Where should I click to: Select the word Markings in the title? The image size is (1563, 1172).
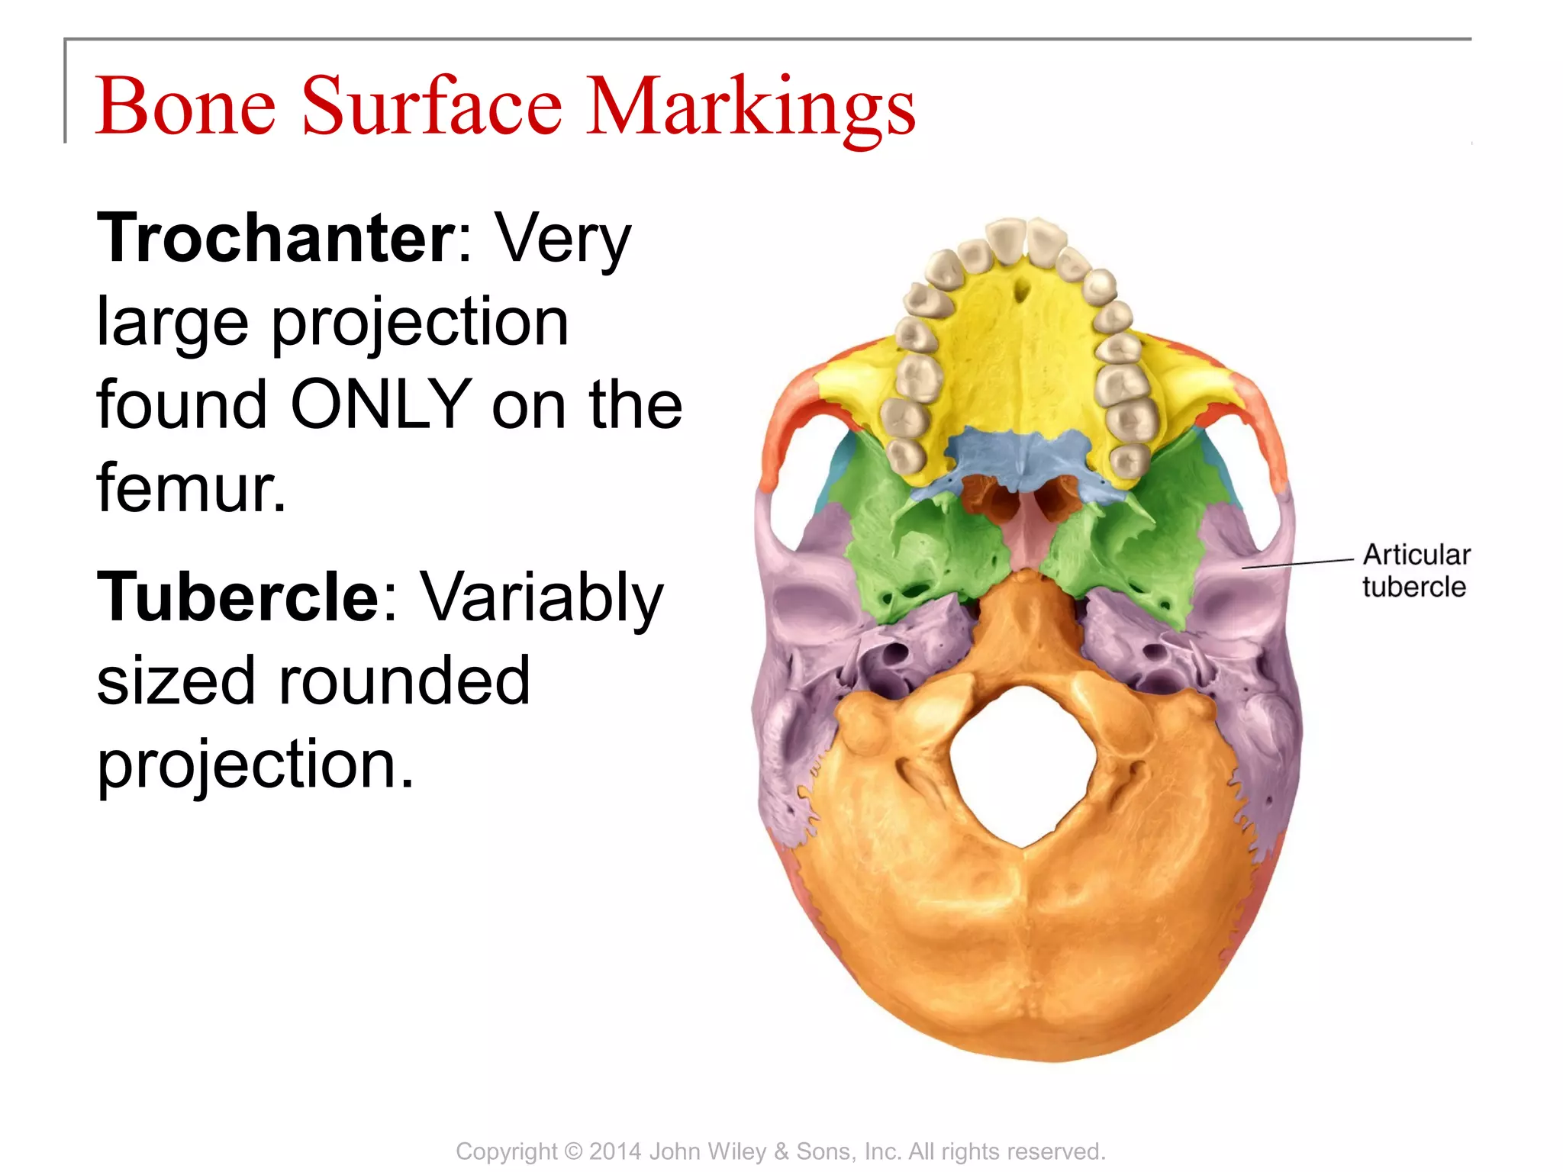750,107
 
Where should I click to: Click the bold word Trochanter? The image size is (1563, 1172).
276,238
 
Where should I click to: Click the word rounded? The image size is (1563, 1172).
404,680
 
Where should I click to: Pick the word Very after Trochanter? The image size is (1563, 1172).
563,238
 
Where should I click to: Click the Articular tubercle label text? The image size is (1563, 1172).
1416,570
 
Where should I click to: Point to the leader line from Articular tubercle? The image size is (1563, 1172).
1297,563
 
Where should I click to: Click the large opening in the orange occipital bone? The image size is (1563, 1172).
1023,763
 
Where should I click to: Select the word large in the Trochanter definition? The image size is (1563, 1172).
172,322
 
